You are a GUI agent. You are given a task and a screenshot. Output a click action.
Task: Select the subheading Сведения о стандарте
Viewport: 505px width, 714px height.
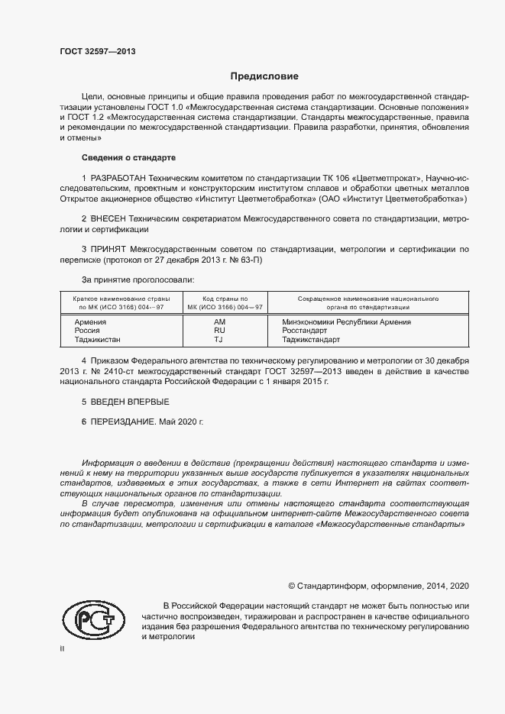(x=128, y=157)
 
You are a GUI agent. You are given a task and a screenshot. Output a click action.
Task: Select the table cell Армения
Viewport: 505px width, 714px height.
(x=90, y=321)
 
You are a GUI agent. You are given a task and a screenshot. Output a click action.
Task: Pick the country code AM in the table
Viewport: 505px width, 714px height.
(x=220, y=321)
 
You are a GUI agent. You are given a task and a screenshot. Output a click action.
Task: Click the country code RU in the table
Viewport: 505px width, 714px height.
(x=220, y=331)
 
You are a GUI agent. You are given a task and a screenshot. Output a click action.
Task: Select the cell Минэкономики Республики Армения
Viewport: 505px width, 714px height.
(x=346, y=321)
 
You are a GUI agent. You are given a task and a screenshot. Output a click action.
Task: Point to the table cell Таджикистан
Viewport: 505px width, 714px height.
(x=97, y=340)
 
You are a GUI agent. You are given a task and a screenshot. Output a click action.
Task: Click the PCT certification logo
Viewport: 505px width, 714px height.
(x=92, y=620)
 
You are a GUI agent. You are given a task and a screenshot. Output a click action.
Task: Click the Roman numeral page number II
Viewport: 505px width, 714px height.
(x=62, y=648)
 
